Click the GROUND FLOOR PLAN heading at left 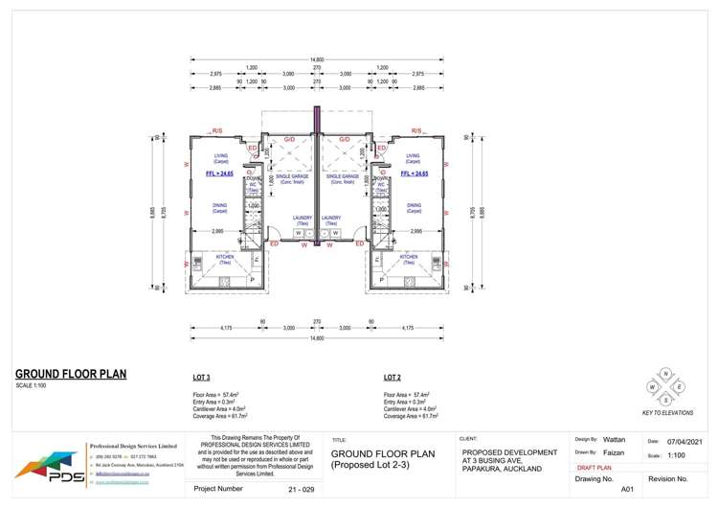[x=71, y=374]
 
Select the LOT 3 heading [x=201, y=378]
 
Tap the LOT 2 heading [x=392, y=378]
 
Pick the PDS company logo [x=46, y=468]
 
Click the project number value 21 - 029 [x=301, y=489]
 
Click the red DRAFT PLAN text [x=597, y=468]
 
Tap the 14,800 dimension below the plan [x=317, y=337]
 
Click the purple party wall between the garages [x=317, y=177]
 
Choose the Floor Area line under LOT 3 [x=215, y=394]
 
